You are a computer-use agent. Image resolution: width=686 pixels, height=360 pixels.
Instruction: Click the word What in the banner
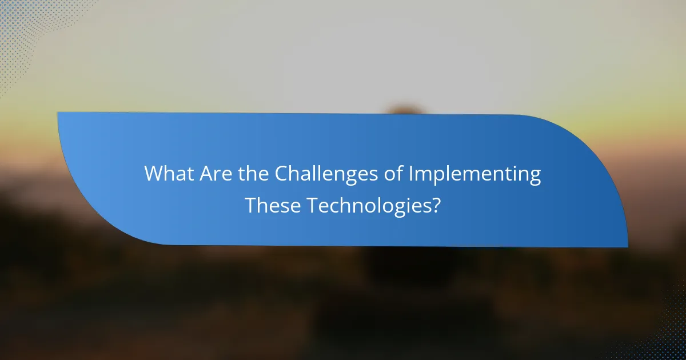169,174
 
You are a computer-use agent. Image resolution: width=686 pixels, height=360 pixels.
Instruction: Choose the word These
273,205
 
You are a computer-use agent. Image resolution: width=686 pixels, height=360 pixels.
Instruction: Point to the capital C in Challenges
282,174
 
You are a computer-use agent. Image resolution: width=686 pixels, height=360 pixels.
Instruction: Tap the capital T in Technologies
312,205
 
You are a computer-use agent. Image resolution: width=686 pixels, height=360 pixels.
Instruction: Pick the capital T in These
251,205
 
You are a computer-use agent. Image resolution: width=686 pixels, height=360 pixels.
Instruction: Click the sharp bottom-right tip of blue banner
627,247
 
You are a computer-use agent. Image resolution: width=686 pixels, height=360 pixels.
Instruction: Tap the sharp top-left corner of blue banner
58,113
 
